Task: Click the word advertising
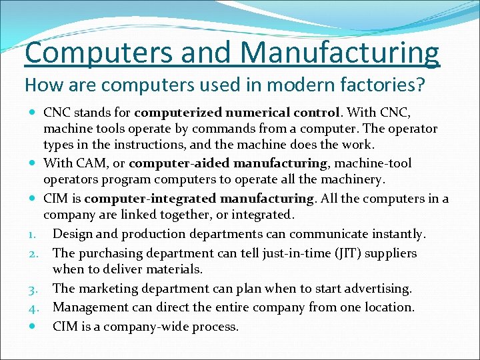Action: (x=373, y=289)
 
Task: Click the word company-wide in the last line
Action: (x=151, y=327)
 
